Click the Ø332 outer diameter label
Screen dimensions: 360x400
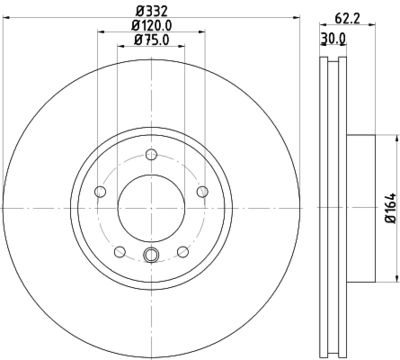(150, 12)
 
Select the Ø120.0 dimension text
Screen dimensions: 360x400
(150, 26)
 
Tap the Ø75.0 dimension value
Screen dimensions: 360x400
(150, 41)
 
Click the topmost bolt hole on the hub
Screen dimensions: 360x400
(150, 154)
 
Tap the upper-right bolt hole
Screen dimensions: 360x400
(202, 192)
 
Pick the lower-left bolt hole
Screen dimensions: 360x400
(118, 252)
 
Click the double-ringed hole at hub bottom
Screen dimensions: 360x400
(150, 254)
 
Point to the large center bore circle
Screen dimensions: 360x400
(150, 207)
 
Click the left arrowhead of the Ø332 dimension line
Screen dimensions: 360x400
(5, 19)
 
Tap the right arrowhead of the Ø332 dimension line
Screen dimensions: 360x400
(296, 19)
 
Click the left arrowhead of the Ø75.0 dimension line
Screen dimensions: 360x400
(119, 48)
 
